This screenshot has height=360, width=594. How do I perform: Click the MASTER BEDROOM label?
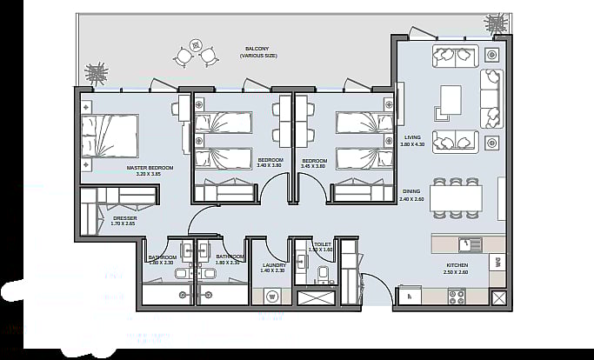(x=150, y=167)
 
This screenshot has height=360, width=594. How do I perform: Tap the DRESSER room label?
(x=124, y=217)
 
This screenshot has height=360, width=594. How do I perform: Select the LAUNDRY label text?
(x=273, y=264)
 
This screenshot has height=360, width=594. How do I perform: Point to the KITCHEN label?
(x=457, y=264)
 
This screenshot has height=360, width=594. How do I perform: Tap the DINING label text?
(x=411, y=191)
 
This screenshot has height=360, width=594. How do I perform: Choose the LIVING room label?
(x=412, y=137)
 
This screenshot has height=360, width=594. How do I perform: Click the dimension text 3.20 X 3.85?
(x=150, y=174)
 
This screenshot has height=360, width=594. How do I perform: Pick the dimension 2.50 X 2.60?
(x=457, y=271)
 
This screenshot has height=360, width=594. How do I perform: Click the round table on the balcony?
(x=196, y=45)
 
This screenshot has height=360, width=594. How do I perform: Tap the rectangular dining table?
(x=455, y=199)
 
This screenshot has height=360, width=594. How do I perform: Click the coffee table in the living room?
(x=450, y=101)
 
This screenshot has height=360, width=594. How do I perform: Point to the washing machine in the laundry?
(x=273, y=296)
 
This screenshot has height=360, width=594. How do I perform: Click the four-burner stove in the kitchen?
(x=457, y=296)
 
